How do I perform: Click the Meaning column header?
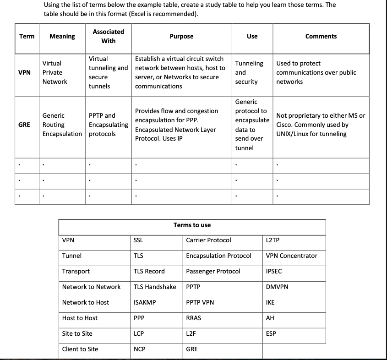pos(62,37)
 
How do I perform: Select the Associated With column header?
pos(108,36)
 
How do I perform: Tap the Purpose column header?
pos(181,37)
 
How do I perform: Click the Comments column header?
pos(321,37)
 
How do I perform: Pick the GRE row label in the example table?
pos(25,125)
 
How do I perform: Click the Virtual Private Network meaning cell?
pos(55,72)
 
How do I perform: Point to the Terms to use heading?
pos(192,225)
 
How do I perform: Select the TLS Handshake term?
pos(155,287)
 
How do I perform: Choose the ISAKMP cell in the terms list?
pos(145,302)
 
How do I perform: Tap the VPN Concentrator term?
pos(291,256)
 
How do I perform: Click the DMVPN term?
pos(277,287)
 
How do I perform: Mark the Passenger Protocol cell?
pos(213,271)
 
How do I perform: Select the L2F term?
pos(191,333)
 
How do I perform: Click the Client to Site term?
pos(80,349)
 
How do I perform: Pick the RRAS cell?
pos(193,318)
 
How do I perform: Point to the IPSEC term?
pos(274,271)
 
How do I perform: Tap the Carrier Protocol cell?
pos(208,240)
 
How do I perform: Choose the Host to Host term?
pos(80,318)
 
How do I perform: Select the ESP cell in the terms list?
pos(271,333)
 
